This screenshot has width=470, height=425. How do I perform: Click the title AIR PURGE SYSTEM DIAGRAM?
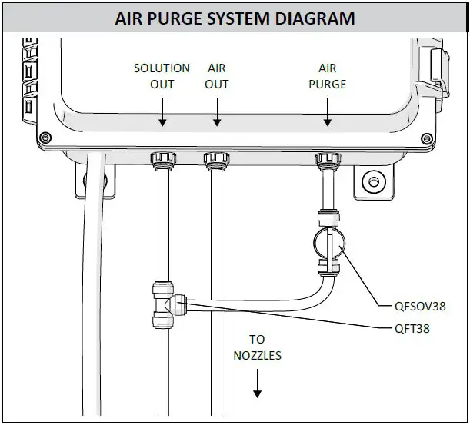(x=235, y=18)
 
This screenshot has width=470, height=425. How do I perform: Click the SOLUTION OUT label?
(x=162, y=75)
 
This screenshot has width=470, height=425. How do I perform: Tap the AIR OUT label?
(x=216, y=75)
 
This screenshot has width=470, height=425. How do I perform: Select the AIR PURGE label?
(x=328, y=75)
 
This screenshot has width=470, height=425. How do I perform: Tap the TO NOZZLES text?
(x=257, y=347)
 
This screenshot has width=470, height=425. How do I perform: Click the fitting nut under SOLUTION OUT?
(x=162, y=160)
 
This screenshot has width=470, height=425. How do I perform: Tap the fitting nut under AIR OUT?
(x=217, y=160)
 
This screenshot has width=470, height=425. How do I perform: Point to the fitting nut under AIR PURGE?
(x=328, y=160)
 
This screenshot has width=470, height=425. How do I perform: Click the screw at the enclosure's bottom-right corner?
(x=427, y=138)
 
